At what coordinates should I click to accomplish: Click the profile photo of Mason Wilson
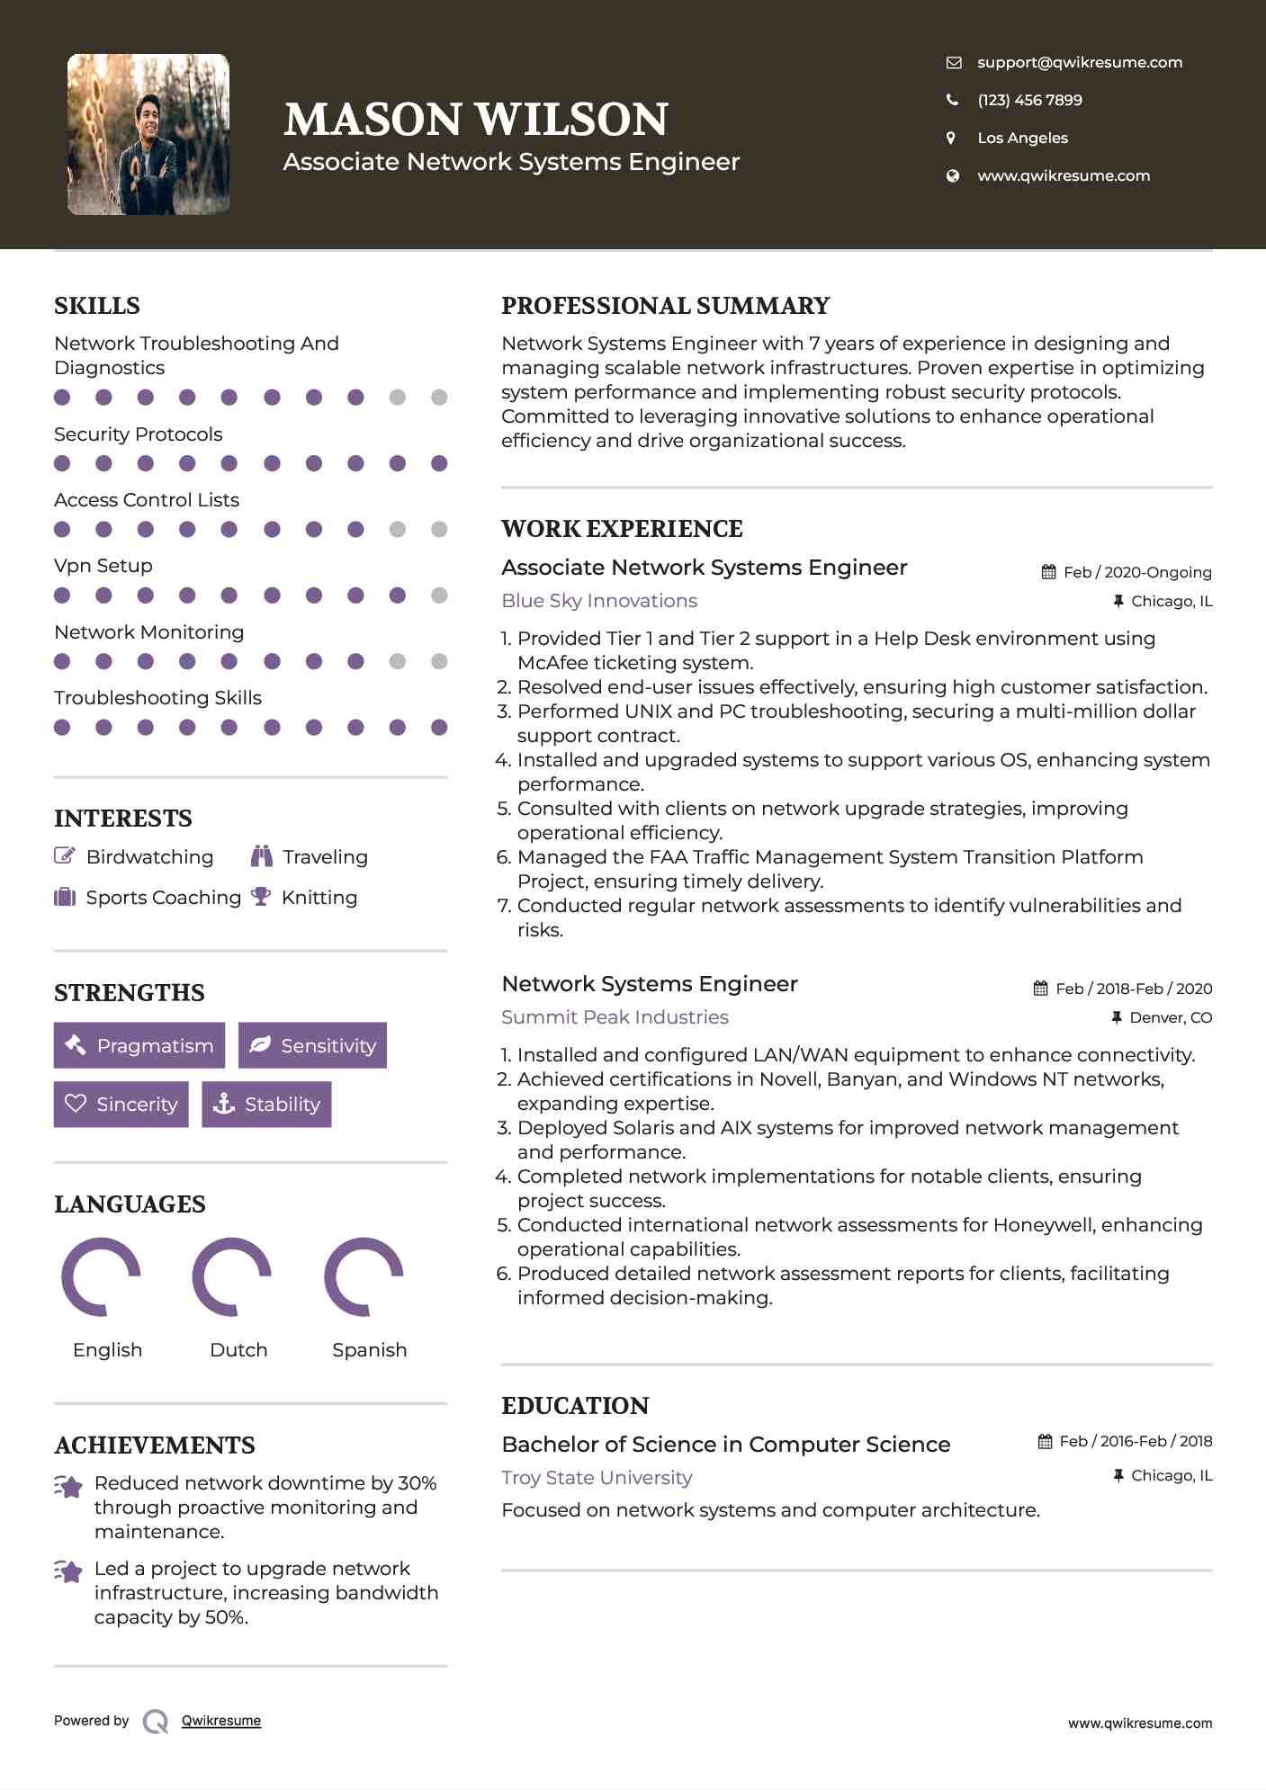[x=148, y=134]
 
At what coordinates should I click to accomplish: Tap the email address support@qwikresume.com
[x=1079, y=62]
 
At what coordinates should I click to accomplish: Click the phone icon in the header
[x=952, y=100]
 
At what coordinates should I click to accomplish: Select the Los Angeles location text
[x=1022, y=138]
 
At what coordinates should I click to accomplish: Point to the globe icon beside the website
[x=952, y=175]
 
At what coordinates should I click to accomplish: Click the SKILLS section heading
[x=97, y=306]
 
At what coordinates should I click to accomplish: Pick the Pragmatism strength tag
[x=139, y=1045]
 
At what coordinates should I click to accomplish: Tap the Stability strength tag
[x=266, y=1104]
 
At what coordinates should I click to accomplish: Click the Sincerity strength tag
[x=121, y=1104]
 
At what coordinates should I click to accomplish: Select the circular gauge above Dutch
[x=232, y=1276]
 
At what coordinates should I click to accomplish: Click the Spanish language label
[x=369, y=1349]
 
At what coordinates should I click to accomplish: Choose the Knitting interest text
[x=319, y=898]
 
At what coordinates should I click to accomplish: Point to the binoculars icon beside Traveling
[x=261, y=856]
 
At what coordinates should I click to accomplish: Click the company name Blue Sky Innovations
[x=599, y=601]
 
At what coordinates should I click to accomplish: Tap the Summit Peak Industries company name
[x=615, y=1017]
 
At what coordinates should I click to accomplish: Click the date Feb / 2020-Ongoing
[x=1136, y=572]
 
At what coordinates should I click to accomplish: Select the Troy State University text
[x=597, y=1478]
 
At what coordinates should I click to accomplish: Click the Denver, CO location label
[x=1171, y=1017]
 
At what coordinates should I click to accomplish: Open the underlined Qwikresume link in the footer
[x=221, y=1721]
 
